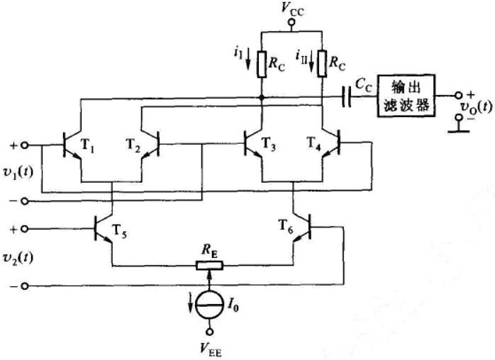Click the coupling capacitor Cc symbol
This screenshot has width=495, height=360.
[347, 96]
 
